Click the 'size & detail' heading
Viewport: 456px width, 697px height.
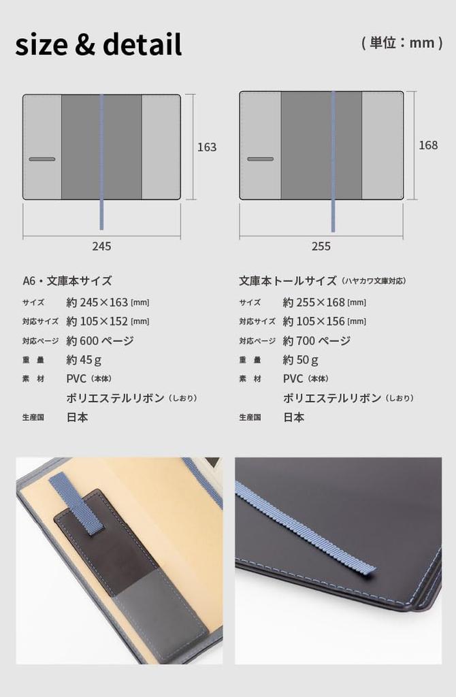click(99, 44)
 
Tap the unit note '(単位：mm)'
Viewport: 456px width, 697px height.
click(402, 43)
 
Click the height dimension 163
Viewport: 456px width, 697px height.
click(207, 147)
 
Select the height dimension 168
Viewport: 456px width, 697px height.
click(428, 145)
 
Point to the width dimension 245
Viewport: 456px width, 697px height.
click(102, 246)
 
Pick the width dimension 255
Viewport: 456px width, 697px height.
click(321, 246)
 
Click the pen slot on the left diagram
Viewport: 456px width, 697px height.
click(42, 159)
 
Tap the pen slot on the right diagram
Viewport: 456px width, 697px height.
click(261, 159)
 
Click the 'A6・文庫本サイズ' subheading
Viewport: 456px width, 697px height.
click(67, 281)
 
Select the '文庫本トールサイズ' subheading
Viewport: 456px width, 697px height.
click(288, 281)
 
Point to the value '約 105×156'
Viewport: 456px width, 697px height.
click(314, 321)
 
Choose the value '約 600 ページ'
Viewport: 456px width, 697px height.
click(100, 341)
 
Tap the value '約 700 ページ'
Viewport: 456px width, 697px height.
click(317, 341)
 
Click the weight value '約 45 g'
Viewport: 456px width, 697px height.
click(84, 360)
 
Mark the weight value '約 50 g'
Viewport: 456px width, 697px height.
click(301, 360)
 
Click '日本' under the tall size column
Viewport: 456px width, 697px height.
click(294, 417)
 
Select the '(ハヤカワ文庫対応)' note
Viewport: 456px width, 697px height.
click(374, 281)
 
